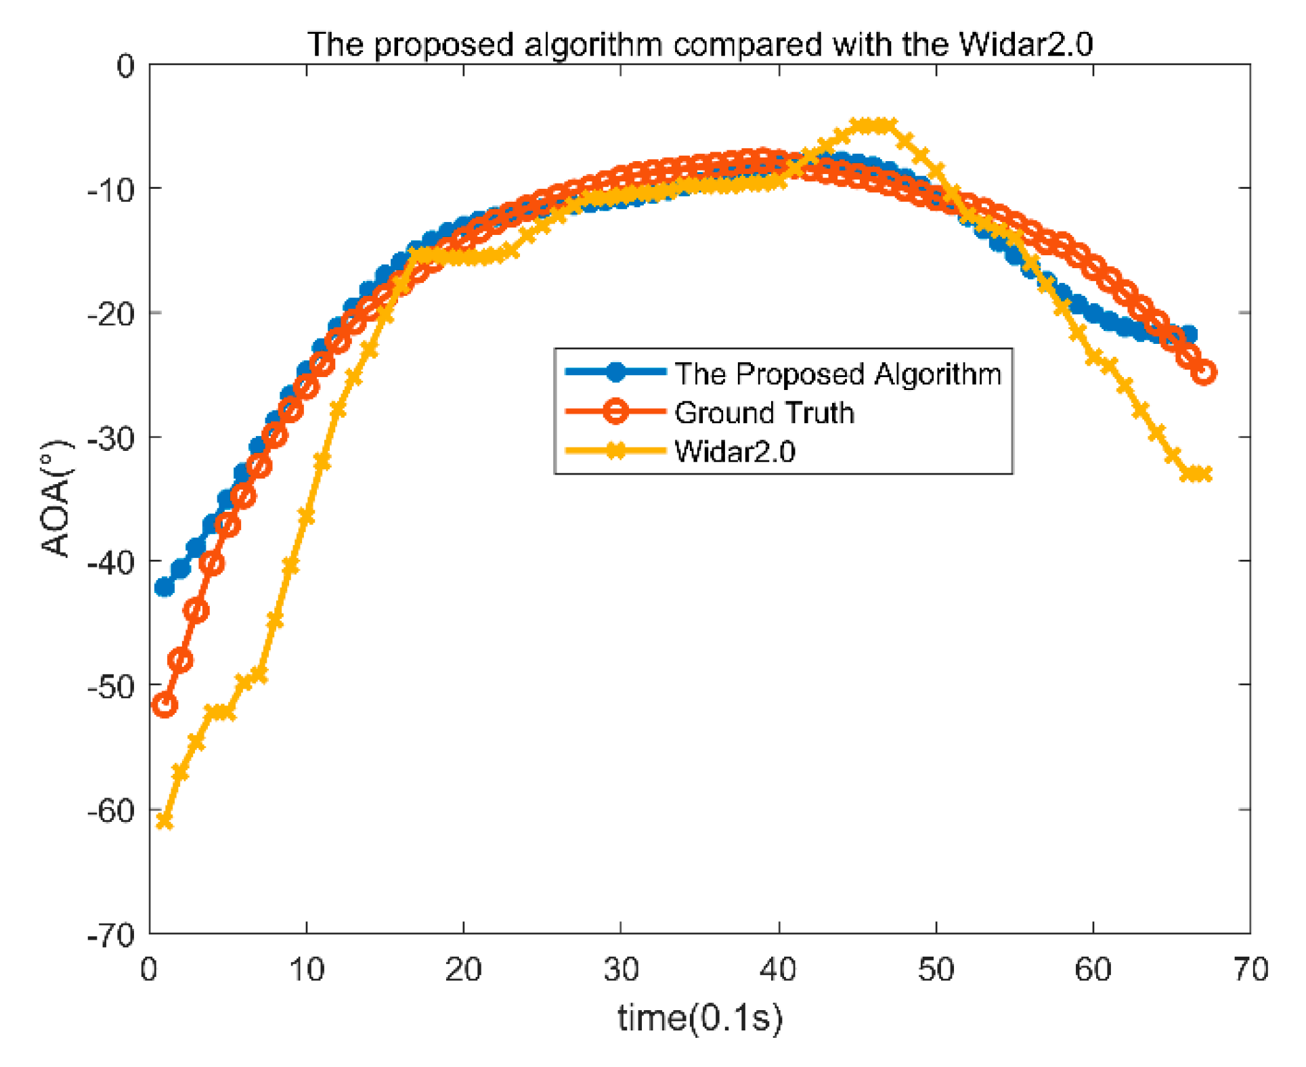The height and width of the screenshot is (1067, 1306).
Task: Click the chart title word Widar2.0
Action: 1025,45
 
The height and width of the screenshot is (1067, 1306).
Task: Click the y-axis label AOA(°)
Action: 56,498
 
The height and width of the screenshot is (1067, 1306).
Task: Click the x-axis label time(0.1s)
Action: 700,1017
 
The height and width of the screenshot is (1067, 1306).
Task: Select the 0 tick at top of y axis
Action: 125,66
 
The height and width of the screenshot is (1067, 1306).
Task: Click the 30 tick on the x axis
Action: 621,970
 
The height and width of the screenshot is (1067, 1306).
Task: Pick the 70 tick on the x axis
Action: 1250,970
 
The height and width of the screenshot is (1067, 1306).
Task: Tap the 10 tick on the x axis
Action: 307,970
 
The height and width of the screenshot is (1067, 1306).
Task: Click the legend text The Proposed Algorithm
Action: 837,374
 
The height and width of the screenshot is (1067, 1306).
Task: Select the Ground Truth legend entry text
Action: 764,412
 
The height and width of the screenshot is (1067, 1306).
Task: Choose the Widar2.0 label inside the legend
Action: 735,451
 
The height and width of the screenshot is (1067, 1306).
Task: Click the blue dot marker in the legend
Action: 615,372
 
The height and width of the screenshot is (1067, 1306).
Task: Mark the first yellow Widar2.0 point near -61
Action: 165,821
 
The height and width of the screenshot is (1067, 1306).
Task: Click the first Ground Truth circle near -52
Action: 165,705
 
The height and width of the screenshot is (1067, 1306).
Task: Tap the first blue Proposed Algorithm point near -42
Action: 165,587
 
